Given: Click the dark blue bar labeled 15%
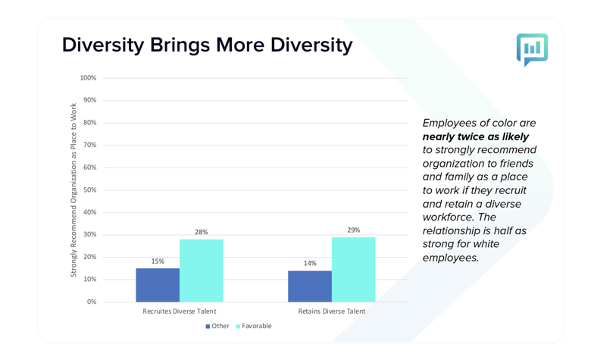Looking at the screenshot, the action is click(x=158, y=285).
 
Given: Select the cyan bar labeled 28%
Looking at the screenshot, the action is click(x=202, y=271).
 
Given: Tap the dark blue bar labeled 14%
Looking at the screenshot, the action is click(x=310, y=286).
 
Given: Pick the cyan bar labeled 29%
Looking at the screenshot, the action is click(x=354, y=270).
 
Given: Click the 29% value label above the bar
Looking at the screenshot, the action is click(x=354, y=230).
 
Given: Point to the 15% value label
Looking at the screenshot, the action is click(x=158, y=261).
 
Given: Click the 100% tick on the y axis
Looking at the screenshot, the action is click(x=88, y=78).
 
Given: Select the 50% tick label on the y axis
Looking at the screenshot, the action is click(x=89, y=190).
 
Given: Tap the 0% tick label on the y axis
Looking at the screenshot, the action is click(x=92, y=302).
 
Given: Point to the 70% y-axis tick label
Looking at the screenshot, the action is click(x=89, y=145).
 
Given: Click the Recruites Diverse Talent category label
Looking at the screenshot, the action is click(x=180, y=311).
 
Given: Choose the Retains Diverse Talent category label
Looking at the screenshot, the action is click(x=332, y=311).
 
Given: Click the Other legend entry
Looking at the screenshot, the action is click(x=217, y=326).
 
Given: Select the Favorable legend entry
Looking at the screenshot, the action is click(x=254, y=326).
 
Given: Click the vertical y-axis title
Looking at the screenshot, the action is click(x=73, y=190).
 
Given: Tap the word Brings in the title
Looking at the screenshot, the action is click(x=180, y=46).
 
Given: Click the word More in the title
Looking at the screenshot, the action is click(x=240, y=45).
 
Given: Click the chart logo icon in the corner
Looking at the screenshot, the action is click(x=532, y=50).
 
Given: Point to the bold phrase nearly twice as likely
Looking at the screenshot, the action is click(x=476, y=136).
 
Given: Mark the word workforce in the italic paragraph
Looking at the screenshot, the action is click(x=448, y=217).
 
